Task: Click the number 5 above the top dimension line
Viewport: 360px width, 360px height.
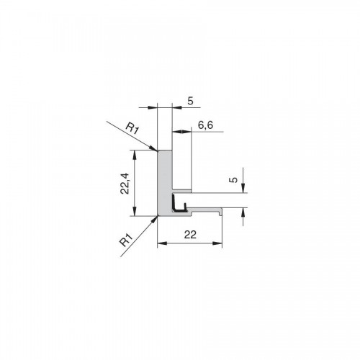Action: (x=190, y=101)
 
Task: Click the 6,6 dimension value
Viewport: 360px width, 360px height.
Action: (x=205, y=125)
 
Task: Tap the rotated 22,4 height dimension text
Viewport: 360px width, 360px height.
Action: (x=125, y=184)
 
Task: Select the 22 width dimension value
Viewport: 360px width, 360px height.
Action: (x=190, y=235)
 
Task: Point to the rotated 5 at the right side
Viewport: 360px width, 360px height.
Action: (x=233, y=179)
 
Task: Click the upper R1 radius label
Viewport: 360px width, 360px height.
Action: (x=132, y=129)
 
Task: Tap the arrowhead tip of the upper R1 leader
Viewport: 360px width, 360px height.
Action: (x=158, y=151)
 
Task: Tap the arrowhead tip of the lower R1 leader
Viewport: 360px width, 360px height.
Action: (x=158, y=216)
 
